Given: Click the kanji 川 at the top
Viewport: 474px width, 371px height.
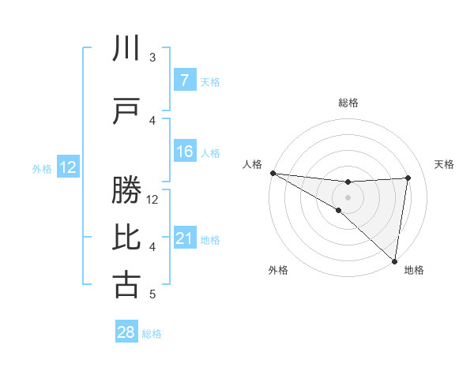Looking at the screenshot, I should [126, 49].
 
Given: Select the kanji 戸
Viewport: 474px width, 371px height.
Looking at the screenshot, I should [126, 112].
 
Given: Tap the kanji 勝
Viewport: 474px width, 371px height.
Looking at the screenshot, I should [126, 191].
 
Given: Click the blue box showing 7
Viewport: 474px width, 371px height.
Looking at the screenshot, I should [184, 81].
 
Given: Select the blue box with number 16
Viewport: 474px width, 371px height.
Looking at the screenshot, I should [184, 152].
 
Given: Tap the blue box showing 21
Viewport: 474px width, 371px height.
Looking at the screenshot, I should [184, 238].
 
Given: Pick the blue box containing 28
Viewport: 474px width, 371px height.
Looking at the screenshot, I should [126, 333].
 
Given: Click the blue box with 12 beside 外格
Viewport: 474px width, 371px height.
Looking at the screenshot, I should [67, 167].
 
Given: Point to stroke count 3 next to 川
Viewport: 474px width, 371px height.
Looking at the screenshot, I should [152, 58].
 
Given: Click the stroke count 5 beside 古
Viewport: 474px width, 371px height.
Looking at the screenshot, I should [152, 294].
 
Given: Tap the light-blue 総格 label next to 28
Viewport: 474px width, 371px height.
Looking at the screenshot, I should [152, 334].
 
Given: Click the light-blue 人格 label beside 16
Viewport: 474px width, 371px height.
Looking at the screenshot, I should [210, 152].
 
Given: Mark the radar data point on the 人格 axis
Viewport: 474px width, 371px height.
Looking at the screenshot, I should [273, 173].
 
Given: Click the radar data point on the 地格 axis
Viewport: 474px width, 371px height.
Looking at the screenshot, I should [394, 260].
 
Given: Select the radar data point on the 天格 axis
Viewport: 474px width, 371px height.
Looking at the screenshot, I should [408, 178].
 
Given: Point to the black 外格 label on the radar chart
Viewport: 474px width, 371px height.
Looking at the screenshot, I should [278, 271].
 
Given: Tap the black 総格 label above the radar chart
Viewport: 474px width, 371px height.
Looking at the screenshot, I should [348, 103].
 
